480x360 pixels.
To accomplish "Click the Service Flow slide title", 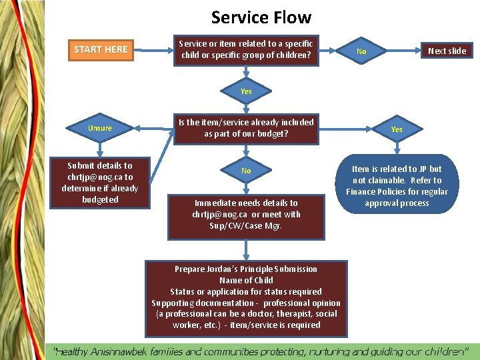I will click(261, 17).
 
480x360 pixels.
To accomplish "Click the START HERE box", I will click(101, 49).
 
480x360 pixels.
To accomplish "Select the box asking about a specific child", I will click(246, 49).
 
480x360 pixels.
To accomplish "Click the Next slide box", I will click(447, 51).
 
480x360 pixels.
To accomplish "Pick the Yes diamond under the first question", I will click(246, 91).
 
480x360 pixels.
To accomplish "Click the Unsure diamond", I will click(100, 128).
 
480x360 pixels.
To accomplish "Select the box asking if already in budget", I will click(246, 128).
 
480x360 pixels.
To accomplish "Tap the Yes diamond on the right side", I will click(397, 129).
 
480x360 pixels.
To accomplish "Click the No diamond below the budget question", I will click(246, 171).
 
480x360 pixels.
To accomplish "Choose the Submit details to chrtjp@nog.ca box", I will click(100, 182).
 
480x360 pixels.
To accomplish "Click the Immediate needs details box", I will click(246, 214).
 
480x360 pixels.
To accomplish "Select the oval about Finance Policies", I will click(397, 186).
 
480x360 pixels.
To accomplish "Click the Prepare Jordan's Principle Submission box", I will click(246, 297).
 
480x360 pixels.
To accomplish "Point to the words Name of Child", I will click(246, 281).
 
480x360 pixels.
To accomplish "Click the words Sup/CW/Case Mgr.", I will click(246, 226).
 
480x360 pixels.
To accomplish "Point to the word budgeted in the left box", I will click(100, 199).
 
